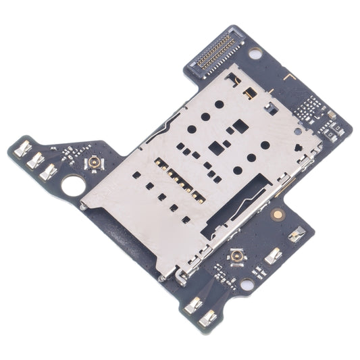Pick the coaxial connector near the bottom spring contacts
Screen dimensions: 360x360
[x=236, y=256]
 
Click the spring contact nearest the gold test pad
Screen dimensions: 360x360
[x=296, y=234]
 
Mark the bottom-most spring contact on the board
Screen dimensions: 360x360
[x=208, y=318]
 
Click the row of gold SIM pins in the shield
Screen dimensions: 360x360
[x=178, y=180]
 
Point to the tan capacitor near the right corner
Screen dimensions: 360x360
[x=332, y=115]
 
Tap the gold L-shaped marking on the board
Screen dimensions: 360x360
[x=292, y=78]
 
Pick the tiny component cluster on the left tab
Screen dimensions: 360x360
[x=69, y=155]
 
